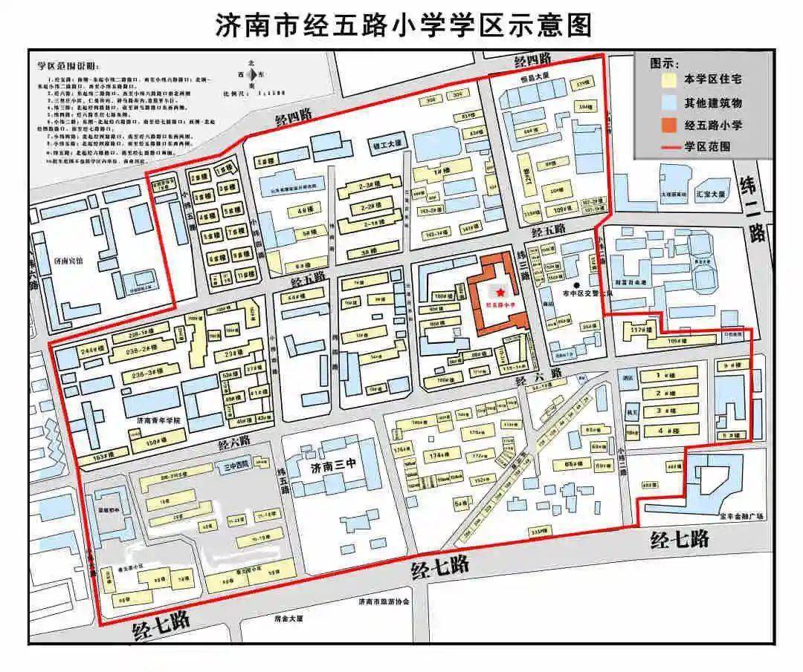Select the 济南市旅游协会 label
384,601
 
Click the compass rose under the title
253,74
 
